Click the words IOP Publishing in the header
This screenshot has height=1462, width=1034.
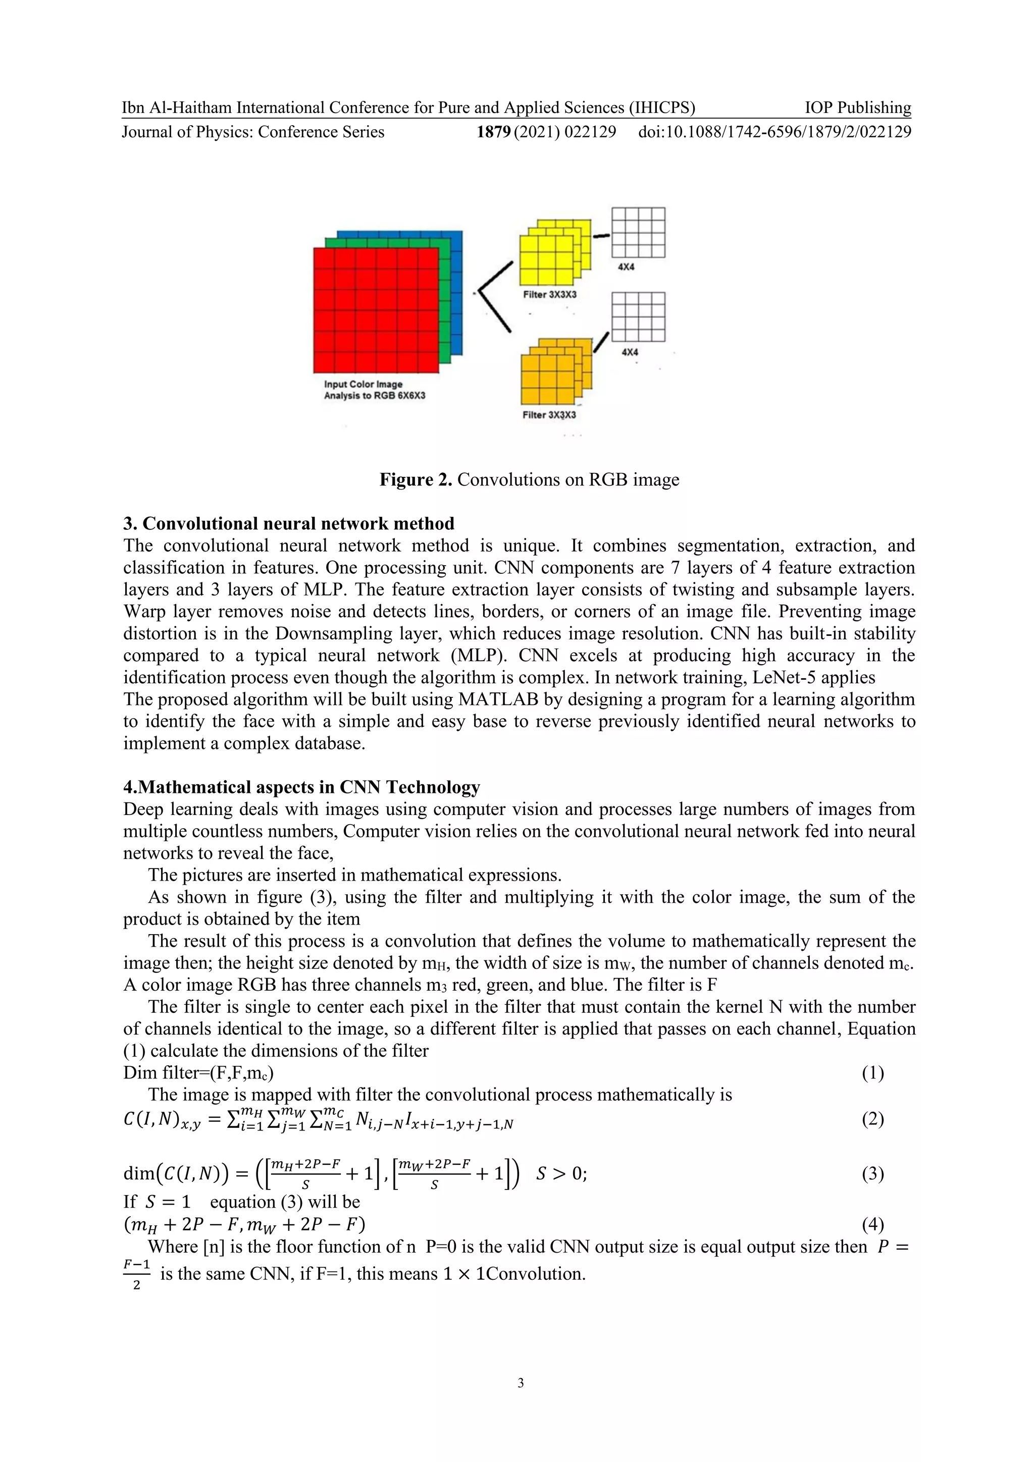[x=857, y=107]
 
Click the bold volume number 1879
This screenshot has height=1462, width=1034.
[x=494, y=132]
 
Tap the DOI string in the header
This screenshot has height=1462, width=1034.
[x=774, y=132]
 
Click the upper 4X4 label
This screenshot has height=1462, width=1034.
[x=626, y=267]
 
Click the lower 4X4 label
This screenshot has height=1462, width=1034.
[x=630, y=352]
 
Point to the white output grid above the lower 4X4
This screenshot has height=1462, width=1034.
[x=638, y=316]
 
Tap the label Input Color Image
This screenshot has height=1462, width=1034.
[x=363, y=384]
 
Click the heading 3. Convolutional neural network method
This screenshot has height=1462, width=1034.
[x=289, y=523]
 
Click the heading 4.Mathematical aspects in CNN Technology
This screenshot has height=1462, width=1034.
[x=301, y=787]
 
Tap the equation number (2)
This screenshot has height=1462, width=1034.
[x=872, y=1119]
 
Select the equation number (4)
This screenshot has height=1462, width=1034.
[x=872, y=1223]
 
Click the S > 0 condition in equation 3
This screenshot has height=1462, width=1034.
[x=560, y=1173]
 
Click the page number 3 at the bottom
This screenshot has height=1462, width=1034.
[x=521, y=1382]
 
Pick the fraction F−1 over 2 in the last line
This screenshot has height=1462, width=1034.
[x=136, y=1274]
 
